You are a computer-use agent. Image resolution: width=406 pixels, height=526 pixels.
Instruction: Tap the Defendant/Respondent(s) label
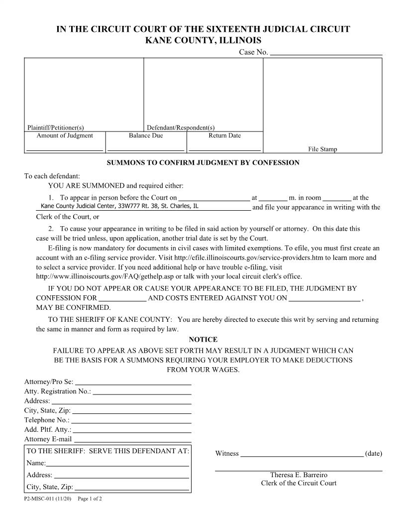(x=181, y=128)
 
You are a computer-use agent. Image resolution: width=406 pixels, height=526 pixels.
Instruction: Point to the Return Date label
(x=224, y=135)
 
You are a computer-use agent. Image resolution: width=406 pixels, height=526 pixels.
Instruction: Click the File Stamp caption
(x=322, y=149)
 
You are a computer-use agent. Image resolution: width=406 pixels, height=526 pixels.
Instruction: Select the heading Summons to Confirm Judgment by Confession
(x=203, y=163)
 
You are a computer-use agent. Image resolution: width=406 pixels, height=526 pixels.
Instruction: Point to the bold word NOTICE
(x=203, y=339)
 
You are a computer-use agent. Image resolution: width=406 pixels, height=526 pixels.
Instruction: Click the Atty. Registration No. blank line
(x=142, y=393)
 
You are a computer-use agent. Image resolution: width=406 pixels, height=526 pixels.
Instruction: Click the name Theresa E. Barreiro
(x=299, y=475)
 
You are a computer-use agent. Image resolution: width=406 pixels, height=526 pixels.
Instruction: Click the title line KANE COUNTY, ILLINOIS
(x=203, y=40)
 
